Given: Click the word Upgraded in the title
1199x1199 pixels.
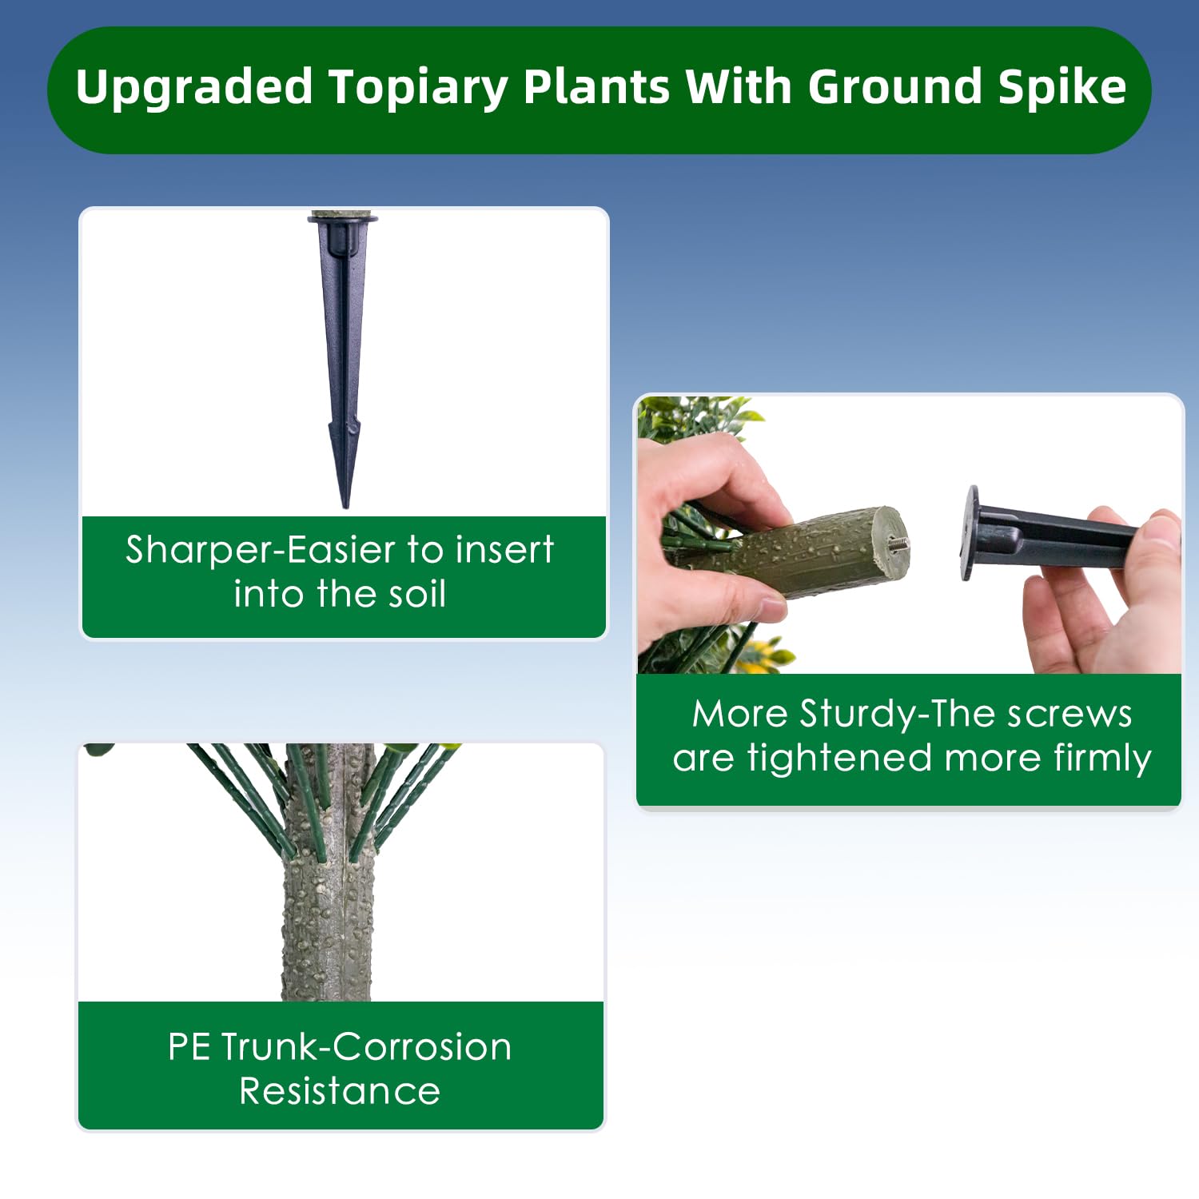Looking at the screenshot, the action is [193, 88].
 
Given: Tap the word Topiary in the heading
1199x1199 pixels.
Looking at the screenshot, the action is [418, 88].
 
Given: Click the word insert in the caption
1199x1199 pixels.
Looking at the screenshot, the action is [504, 550].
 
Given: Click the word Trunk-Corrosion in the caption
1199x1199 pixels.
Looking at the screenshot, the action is [366, 1047].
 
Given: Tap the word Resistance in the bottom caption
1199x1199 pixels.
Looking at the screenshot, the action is [340, 1091].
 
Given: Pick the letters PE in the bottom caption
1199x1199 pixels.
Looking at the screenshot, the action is [190, 1047].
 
